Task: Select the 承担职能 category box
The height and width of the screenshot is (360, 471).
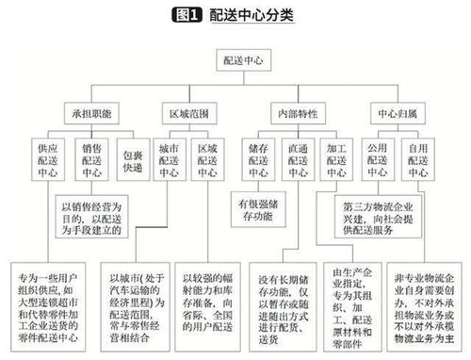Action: point(91,112)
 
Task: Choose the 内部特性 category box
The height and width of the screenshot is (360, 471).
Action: point(293,112)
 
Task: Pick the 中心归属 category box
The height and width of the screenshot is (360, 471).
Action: point(397,112)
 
